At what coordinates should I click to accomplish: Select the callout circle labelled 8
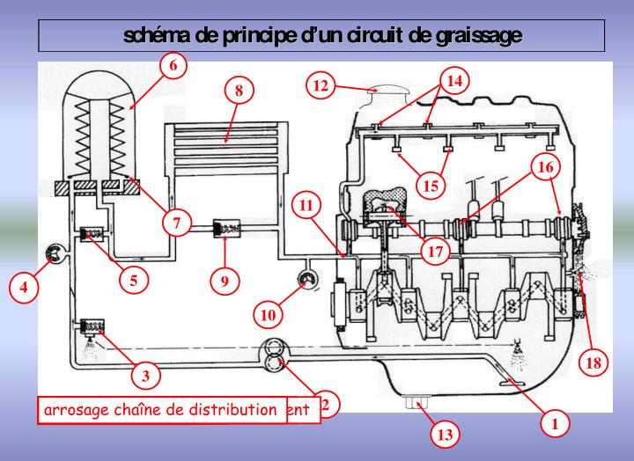tap(239, 89)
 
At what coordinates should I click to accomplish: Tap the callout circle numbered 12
tap(323, 85)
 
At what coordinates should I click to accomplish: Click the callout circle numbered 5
tap(133, 281)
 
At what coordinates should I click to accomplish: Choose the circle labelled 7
tap(177, 223)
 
